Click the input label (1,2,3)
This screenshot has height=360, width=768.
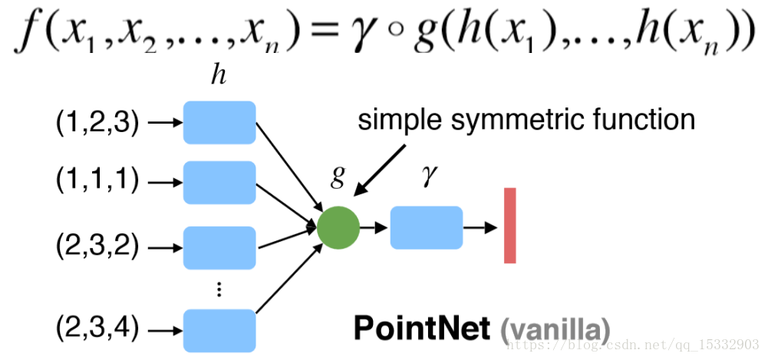click(x=97, y=123)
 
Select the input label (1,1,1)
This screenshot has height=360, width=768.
click(x=97, y=182)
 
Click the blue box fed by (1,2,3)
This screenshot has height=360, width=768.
click(x=219, y=122)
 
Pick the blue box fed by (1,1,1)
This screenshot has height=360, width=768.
click(x=219, y=182)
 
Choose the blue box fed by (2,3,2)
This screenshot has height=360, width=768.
click(x=219, y=247)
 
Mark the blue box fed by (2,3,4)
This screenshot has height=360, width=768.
click(x=219, y=329)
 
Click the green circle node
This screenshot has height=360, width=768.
click(x=338, y=228)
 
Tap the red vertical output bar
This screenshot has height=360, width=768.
click(x=510, y=226)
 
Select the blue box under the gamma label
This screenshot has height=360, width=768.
click(x=427, y=228)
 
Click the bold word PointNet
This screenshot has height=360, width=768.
click(x=421, y=329)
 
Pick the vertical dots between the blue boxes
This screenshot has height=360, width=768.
click(x=219, y=289)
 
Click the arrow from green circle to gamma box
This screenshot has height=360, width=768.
click(x=375, y=228)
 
